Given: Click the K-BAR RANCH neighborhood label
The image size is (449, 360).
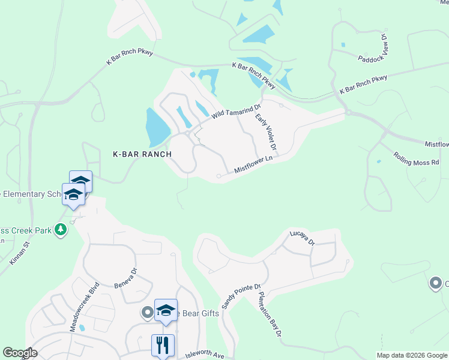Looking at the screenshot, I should tap(142, 154).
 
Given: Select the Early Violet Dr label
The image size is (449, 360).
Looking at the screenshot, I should tap(265, 132).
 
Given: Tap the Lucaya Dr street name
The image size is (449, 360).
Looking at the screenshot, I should tap(303, 238).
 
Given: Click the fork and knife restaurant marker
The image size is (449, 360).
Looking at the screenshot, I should tap(163, 345).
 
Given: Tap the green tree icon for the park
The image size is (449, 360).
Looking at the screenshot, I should tap(60, 229).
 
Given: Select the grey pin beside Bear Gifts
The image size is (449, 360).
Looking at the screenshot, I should tap(147, 312).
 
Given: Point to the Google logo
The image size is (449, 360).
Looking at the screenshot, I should tap(20, 353).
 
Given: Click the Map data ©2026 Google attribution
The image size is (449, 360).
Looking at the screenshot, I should tap(412, 355).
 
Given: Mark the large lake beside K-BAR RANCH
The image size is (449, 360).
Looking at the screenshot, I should tap(157, 127).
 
